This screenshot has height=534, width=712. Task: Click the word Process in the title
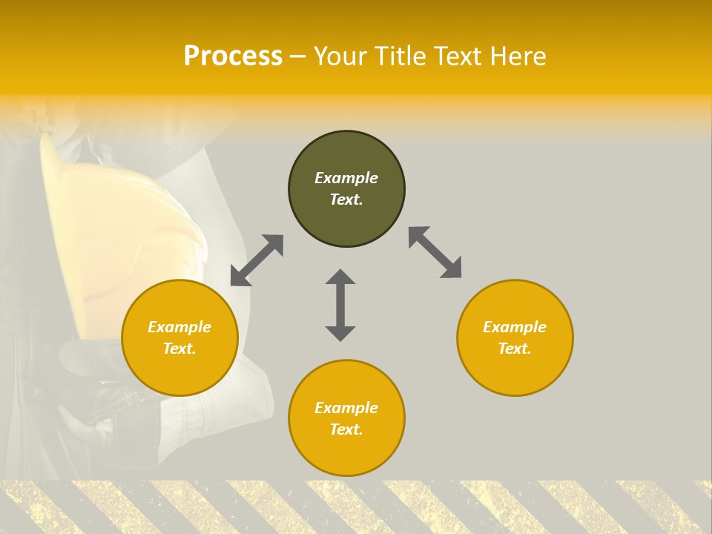coord(233,56)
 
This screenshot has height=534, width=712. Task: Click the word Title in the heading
coord(400,56)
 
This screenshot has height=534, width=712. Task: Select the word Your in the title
coord(343,56)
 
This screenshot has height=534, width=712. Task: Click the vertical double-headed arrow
coord(340,305)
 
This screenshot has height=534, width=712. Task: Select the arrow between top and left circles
coord(257,260)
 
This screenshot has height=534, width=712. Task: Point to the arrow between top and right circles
coord(435,252)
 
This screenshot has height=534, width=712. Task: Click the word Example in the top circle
coord(346,178)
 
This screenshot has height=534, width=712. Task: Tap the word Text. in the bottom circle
coord(346,429)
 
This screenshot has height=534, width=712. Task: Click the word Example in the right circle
coord(515,327)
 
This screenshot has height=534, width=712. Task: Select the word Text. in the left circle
coord(179,349)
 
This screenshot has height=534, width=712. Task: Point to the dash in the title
coord(297,57)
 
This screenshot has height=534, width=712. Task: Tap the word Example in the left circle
coord(179,327)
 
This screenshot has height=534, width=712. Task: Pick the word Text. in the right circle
coord(515,349)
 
